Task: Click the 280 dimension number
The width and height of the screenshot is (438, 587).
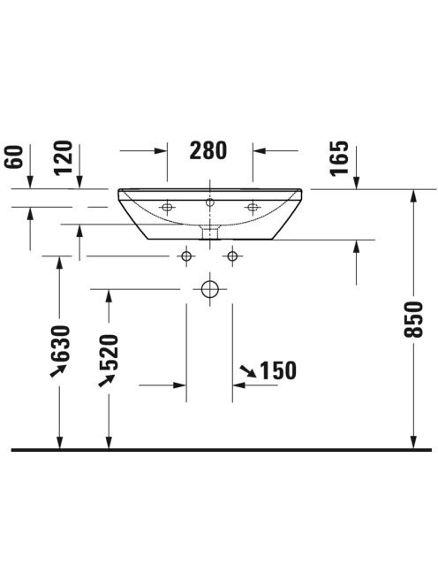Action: coord(208,150)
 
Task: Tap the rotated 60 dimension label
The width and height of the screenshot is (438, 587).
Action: coord(14,157)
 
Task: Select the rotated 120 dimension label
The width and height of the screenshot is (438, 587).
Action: coord(63,157)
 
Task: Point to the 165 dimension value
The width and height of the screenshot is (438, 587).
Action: coord(339,158)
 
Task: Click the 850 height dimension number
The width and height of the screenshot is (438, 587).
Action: coord(413,319)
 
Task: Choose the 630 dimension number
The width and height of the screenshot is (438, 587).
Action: coord(61,343)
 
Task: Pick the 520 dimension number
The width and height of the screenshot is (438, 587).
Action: coord(109,352)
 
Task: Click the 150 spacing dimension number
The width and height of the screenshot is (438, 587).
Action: coord(278,370)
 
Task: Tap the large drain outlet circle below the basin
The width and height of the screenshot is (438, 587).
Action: coord(210,289)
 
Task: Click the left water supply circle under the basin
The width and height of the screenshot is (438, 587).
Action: coord(186,256)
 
